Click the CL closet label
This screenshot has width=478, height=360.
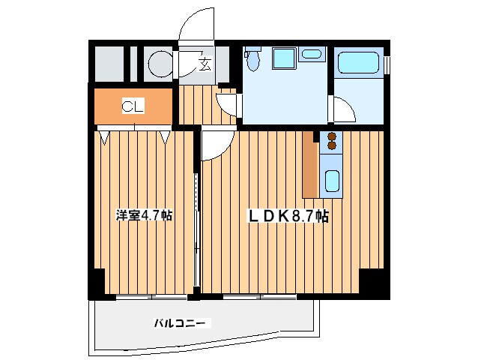click(x=133, y=106)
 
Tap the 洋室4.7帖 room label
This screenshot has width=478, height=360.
click(x=144, y=215)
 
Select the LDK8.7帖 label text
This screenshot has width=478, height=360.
click(x=288, y=216)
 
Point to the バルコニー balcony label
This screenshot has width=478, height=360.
click(x=182, y=324)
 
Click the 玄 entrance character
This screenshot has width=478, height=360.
click(x=204, y=64)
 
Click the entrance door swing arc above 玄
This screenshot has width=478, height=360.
click(x=193, y=26)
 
